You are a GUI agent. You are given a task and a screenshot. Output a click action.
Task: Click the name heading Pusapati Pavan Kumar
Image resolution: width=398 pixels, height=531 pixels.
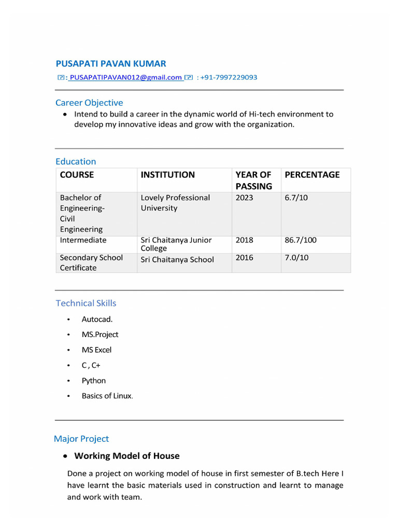[111, 64]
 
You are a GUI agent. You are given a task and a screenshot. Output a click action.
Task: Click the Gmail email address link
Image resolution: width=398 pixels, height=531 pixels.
[125, 77]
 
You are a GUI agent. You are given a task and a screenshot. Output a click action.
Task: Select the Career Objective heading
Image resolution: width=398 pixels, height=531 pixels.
[89, 103]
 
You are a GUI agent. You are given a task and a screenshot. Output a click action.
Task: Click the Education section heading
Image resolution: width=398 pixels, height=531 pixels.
[76, 161]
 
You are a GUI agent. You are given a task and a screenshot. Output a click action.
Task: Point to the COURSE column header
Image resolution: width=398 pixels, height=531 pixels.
[77, 175]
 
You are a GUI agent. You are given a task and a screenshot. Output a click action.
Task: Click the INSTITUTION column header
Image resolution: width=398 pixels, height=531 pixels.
[168, 175]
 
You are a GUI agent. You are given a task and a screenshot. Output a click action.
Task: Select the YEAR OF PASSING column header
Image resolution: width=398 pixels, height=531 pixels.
[254, 180]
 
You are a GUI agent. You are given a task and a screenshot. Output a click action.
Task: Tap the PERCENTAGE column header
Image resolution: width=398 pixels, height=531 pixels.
[312, 175]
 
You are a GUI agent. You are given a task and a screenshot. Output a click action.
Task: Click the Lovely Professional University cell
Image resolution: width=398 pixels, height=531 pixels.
[175, 203]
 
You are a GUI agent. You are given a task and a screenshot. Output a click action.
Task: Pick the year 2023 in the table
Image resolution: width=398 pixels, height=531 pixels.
[245, 198]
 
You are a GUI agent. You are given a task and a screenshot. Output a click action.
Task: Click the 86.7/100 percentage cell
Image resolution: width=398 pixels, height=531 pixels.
[301, 240]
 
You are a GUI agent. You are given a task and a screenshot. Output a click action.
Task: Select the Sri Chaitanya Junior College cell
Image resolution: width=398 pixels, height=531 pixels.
[176, 244]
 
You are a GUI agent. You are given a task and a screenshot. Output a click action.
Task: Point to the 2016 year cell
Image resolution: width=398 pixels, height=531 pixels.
[245, 258]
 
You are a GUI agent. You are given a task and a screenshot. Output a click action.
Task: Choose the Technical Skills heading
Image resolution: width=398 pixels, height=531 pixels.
[86, 303]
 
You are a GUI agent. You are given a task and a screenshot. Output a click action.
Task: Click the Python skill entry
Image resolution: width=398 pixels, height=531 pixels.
[94, 381]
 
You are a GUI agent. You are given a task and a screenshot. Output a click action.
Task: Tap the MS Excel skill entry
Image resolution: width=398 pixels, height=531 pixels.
[96, 350]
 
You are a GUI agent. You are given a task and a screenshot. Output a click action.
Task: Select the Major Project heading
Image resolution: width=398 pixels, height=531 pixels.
[81, 439]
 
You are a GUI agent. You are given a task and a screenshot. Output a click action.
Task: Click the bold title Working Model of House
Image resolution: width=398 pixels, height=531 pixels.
[127, 456]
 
